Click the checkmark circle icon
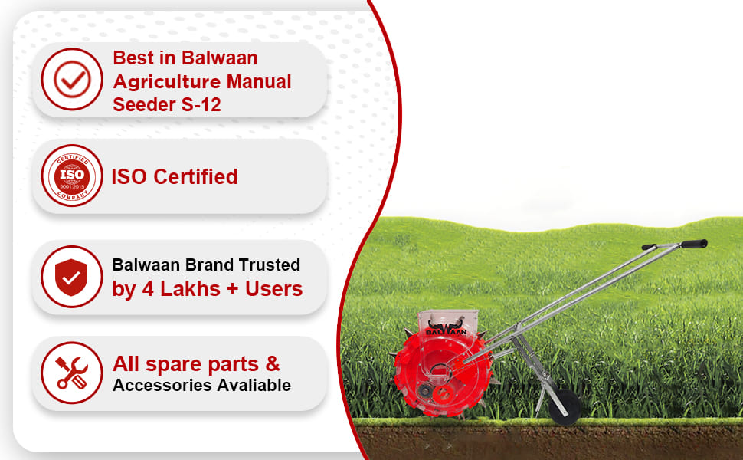(x=72, y=79)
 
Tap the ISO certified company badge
(x=72, y=176)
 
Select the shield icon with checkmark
(x=72, y=276)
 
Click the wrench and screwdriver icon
(x=72, y=373)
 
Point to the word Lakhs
(x=185, y=288)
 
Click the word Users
(x=273, y=288)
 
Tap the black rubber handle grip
(x=693, y=244)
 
